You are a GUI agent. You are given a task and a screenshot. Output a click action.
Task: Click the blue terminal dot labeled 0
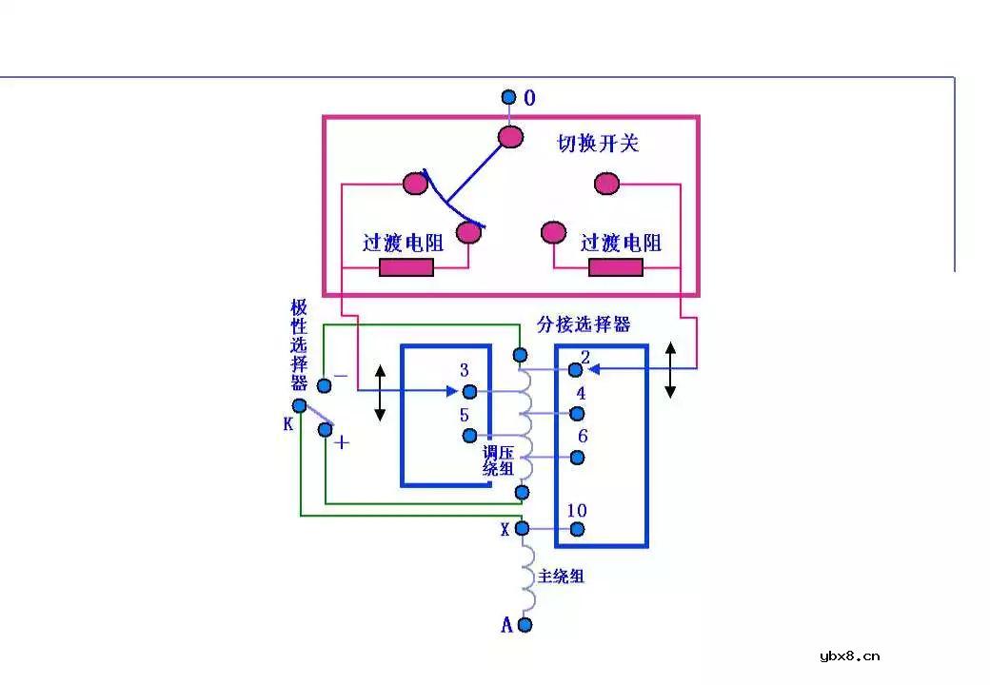pos(508,97)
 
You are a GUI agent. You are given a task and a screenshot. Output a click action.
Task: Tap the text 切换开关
pos(598,144)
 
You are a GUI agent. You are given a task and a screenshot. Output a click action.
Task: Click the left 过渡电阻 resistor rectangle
pos(406,267)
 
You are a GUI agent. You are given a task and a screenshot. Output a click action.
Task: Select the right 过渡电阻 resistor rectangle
pos(615,267)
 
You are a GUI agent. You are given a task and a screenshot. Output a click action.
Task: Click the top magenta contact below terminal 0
pos(511,137)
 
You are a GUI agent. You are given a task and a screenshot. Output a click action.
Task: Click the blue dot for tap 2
pos(576,369)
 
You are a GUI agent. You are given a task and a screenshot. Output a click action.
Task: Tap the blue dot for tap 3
pos(468,391)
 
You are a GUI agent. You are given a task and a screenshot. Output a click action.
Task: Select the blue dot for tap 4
pos(576,413)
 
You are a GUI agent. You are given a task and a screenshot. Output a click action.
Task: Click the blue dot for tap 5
pos(468,436)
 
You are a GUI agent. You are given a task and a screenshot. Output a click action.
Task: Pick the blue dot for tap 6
pos(576,457)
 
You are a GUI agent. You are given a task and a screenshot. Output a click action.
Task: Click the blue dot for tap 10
pos(576,529)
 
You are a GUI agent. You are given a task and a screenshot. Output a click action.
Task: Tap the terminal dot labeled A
pos(524,625)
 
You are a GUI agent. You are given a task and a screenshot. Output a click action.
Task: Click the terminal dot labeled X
pos(522,529)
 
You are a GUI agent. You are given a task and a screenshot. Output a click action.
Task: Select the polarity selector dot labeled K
pos(300,406)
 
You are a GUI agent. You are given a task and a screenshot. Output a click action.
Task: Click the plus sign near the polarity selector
pos(342,442)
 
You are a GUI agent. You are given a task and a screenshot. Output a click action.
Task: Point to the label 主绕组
pos(561,576)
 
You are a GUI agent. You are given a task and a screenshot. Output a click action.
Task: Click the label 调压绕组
pos(499,460)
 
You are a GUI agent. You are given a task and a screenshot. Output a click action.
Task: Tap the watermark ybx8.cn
pos(849,656)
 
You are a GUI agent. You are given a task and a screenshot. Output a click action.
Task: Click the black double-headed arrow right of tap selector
pos(670,370)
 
